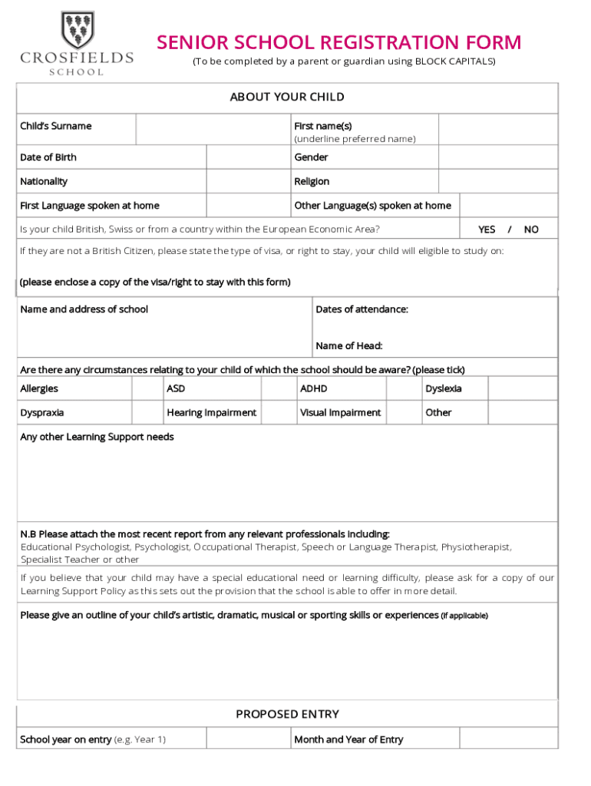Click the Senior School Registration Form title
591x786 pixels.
tap(338, 42)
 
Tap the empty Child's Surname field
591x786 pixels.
tap(212, 129)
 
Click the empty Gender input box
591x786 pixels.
tap(498, 157)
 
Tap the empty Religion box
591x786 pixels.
tap(498, 181)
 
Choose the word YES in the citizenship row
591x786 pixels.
tap(487, 230)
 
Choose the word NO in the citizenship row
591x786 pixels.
tap(531, 230)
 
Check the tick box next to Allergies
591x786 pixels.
tap(147, 388)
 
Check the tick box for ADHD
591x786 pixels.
tap(402, 388)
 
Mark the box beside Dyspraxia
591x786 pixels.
tap(147, 412)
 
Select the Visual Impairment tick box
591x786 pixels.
tap(402, 412)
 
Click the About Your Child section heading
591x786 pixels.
tap(287, 97)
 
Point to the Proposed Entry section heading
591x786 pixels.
tap(287, 714)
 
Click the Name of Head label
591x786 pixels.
tap(348, 345)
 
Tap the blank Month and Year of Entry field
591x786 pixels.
tap(508, 739)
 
